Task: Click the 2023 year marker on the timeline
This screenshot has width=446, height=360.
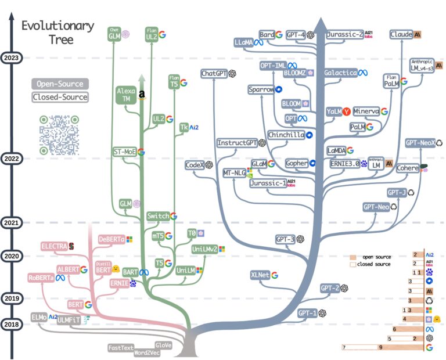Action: tap(12, 57)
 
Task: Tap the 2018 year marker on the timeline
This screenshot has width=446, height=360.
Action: tap(12, 324)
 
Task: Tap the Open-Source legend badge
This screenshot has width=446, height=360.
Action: tap(60, 84)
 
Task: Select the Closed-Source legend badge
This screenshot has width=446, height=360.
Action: tap(60, 97)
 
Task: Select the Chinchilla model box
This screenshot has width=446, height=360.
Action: tap(286, 135)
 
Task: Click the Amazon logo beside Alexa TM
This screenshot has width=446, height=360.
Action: tap(142, 95)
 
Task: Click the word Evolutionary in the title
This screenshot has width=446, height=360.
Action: tap(57, 26)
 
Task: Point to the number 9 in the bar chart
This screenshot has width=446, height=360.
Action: tap(380, 347)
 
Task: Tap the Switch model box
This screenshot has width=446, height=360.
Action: tap(157, 216)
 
